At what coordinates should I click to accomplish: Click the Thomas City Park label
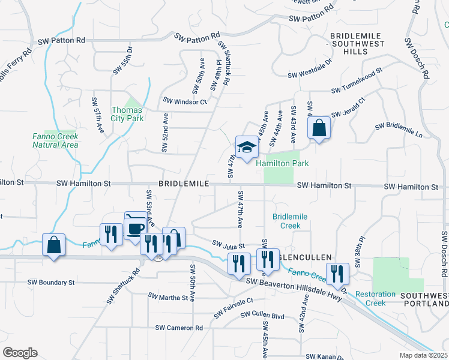127,114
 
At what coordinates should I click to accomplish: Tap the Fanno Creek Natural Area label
55,140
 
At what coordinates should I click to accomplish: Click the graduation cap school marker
246,147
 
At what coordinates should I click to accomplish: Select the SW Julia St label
228,245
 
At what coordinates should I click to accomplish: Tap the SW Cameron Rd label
179,328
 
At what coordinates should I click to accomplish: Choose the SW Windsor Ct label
185,101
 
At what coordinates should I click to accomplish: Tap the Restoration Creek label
375,298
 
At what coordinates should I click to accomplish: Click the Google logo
20,353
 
